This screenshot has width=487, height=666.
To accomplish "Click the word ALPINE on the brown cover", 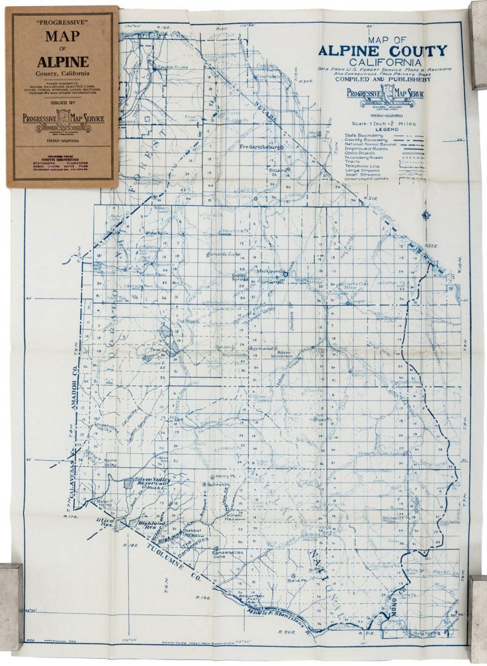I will [x=63, y=61].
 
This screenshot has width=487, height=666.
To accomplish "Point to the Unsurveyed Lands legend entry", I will [x=367, y=179].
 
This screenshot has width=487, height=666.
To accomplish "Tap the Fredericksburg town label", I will [x=261, y=147].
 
